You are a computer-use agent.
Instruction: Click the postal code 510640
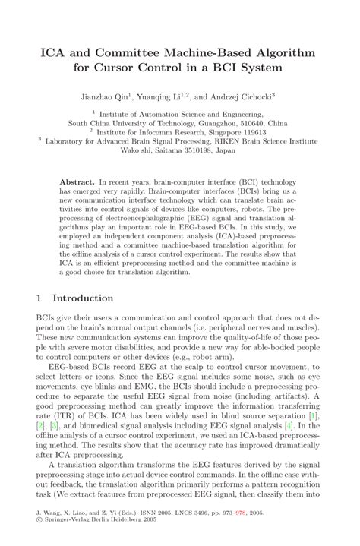[254, 122]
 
